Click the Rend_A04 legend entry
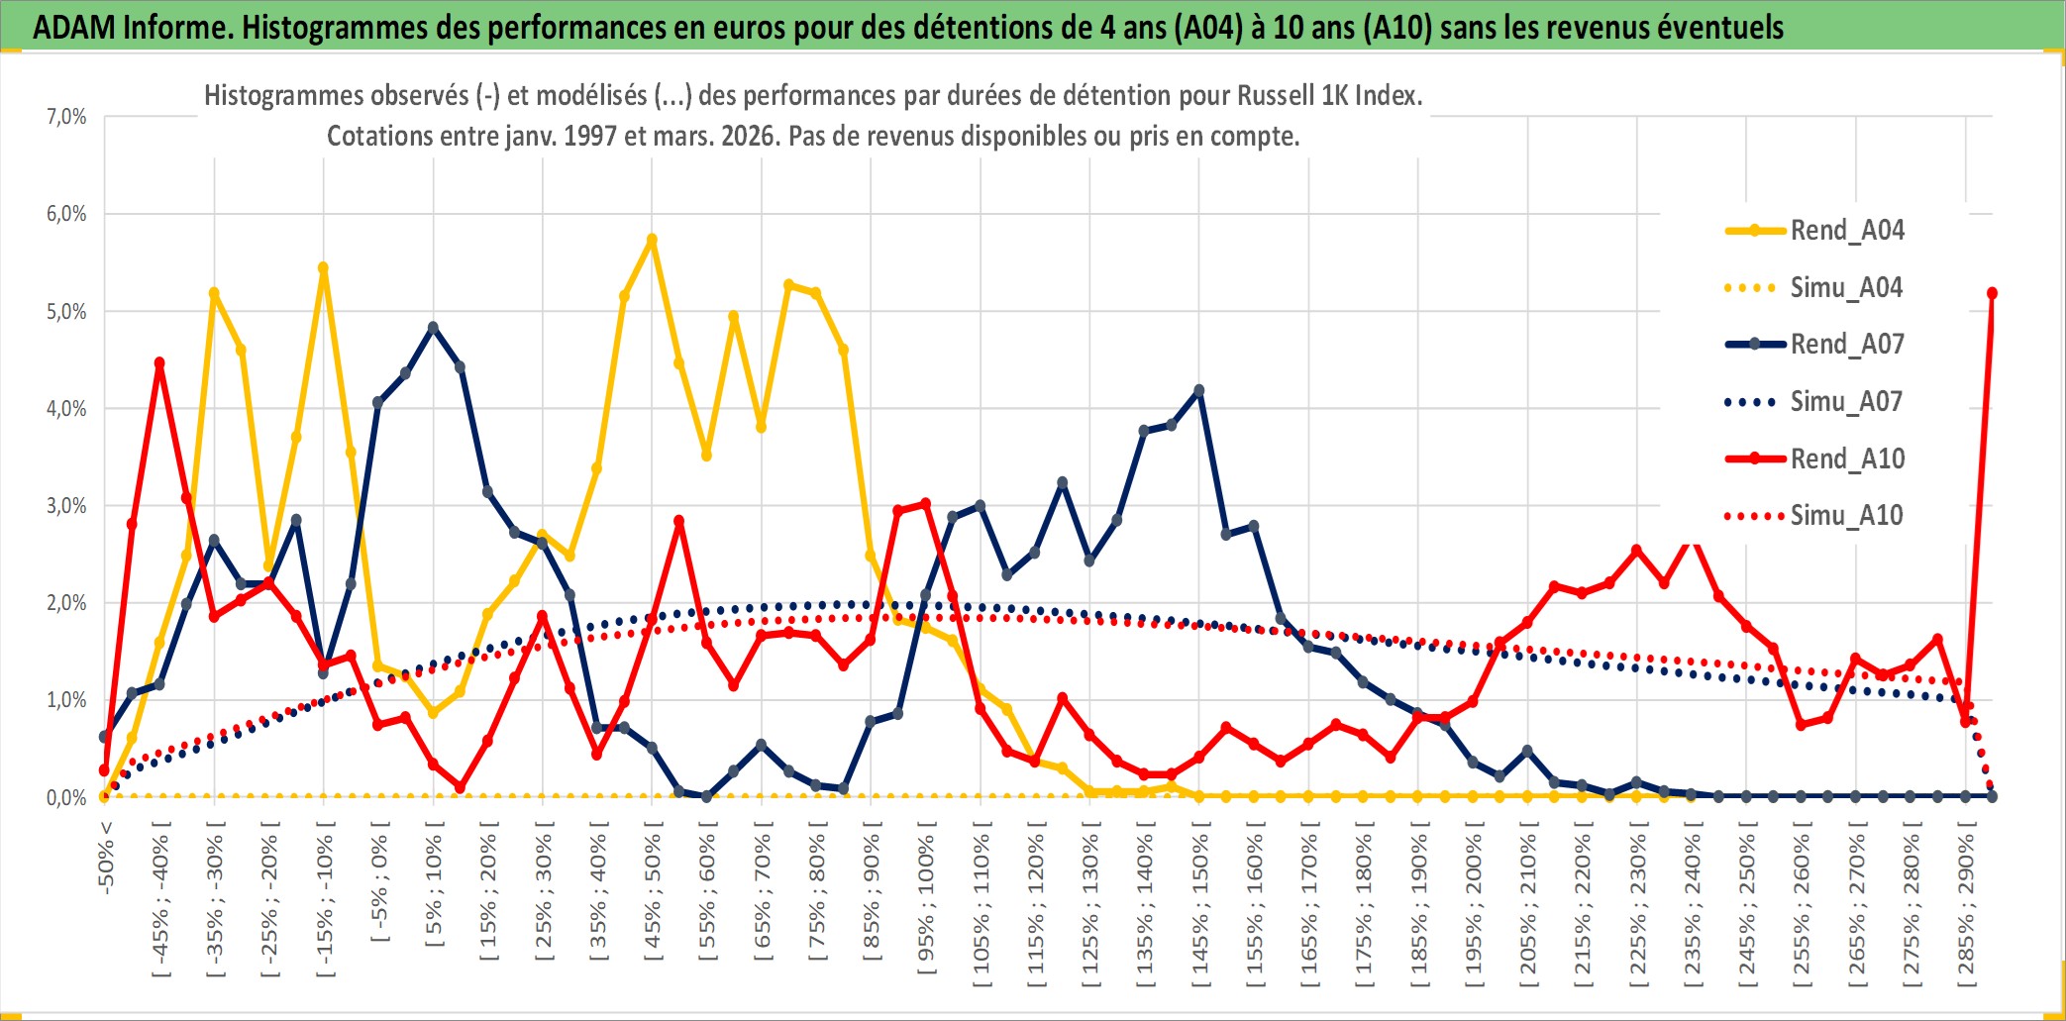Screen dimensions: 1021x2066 (1846, 231)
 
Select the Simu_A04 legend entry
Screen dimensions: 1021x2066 (1846, 288)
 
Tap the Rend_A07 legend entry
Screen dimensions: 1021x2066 (1846, 345)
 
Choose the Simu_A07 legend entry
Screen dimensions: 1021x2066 (1846, 402)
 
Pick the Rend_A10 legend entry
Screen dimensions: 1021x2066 (1846, 459)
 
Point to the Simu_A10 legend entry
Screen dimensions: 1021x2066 (1846, 516)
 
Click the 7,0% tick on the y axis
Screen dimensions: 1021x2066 (66, 117)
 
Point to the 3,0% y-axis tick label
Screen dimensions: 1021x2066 (66, 506)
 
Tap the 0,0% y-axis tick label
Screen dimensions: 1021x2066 (66, 797)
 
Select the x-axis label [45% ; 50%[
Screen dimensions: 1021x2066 (653, 897)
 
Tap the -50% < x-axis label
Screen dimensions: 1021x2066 (106, 858)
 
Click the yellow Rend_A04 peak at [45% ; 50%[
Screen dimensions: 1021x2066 (652, 240)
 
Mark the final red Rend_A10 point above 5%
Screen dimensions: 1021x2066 (1992, 293)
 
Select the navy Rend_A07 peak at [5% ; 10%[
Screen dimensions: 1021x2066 (433, 327)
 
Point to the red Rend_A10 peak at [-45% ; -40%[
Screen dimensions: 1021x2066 (159, 363)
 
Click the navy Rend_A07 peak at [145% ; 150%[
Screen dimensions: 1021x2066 (1199, 390)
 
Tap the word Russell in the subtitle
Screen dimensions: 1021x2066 (1274, 96)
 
